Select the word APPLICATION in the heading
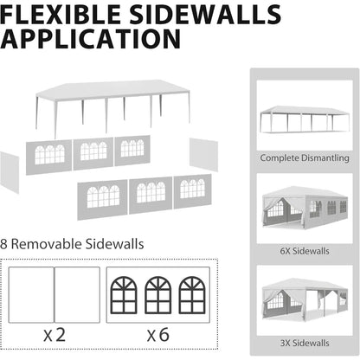pyautogui.click(x=90, y=39)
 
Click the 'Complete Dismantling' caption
pyautogui.click(x=305, y=157)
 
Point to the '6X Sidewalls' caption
pyautogui.click(x=305, y=251)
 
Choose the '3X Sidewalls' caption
pyautogui.click(x=305, y=343)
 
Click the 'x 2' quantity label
pyautogui.click(x=55, y=335)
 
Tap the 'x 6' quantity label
pyautogui.click(x=158, y=335)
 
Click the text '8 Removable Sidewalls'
pyautogui.click(x=72, y=244)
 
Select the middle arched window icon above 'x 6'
pyautogui.click(x=158, y=295)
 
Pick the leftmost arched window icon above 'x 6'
pyautogui.click(x=124, y=295)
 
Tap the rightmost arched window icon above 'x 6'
pyautogui.click(x=192, y=295)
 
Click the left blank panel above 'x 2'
pyautogui.click(x=31, y=294)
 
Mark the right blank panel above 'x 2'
pyautogui.click(x=77, y=294)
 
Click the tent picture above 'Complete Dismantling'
pyautogui.click(x=305, y=119)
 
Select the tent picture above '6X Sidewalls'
pyautogui.click(x=305, y=207)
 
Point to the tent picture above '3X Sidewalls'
pyautogui.click(x=305, y=299)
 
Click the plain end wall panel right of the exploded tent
pyautogui.click(x=203, y=154)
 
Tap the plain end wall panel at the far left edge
pyautogui.click(x=10, y=172)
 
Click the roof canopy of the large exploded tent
pyautogui.click(x=112, y=90)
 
